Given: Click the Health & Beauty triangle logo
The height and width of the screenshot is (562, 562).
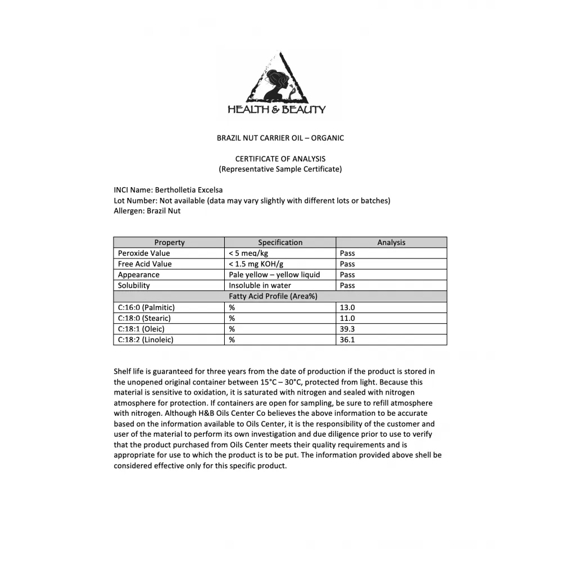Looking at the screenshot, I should pyautogui.click(x=276, y=84).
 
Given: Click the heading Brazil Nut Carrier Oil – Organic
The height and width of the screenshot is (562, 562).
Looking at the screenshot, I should pyautogui.click(x=280, y=138).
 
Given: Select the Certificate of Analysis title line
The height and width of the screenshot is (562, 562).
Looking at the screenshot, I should pyautogui.click(x=280, y=158).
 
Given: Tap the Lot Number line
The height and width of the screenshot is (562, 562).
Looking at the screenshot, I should pyautogui.click(x=252, y=201).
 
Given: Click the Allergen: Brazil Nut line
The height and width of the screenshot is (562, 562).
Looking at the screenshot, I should pyautogui.click(x=147, y=211).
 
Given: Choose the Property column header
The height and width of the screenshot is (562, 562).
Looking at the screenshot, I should pyautogui.click(x=169, y=243).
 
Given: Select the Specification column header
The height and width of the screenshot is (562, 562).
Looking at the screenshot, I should pyautogui.click(x=280, y=243).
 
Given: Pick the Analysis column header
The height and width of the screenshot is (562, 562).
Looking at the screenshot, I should pyautogui.click(x=391, y=243).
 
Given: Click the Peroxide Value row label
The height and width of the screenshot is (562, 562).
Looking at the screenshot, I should pyautogui.click(x=144, y=253).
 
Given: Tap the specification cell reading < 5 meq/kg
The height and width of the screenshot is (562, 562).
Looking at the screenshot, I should pyautogui.click(x=248, y=253).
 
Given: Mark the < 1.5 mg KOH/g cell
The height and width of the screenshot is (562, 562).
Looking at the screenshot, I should pyautogui.click(x=256, y=264).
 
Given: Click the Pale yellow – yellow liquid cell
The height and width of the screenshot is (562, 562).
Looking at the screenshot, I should pyautogui.click(x=274, y=275).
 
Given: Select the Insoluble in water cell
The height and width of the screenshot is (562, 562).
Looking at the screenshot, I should pyautogui.click(x=260, y=285).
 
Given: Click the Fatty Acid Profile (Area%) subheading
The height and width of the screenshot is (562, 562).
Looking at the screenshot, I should pyautogui.click(x=280, y=296).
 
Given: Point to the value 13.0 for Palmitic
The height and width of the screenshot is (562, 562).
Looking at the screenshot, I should pyautogui.click(x=347, y=307).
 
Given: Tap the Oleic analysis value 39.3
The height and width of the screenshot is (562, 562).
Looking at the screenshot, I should pyautogui.click(x=347, y=329).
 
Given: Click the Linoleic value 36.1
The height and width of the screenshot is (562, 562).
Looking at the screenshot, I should pyautogui.click(x=347, y=339).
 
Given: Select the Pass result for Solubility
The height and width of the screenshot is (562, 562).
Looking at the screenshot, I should pyautogui.click(x=347, y=285).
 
